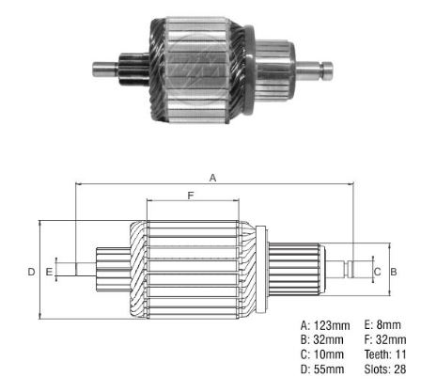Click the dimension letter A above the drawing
pyautogui.click(x=211, y=176)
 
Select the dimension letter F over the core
pyautogui.click(x=191, y=196)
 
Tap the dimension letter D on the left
pyautogui.click(x=30, y=271)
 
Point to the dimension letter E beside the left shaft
pyautogui.click(x=50, y=271)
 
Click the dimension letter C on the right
pyautogui.click(x=378, y=271)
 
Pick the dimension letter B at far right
pyautogui.click(x=395, y=271)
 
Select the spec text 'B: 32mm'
pyautogui.click(x=321, y=339)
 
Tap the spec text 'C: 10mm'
pyautogui.click(x=321, y=354)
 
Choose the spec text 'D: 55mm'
pyautogui.click(x=321, y=369)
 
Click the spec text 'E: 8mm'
pyautogui.click(x=382, y=324)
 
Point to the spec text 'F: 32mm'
pyautogui.click(x=384, y=339)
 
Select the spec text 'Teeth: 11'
pyautogui.click(x=385, y=354)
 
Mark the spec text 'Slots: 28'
pyautogui.click(x=385, y=369)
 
